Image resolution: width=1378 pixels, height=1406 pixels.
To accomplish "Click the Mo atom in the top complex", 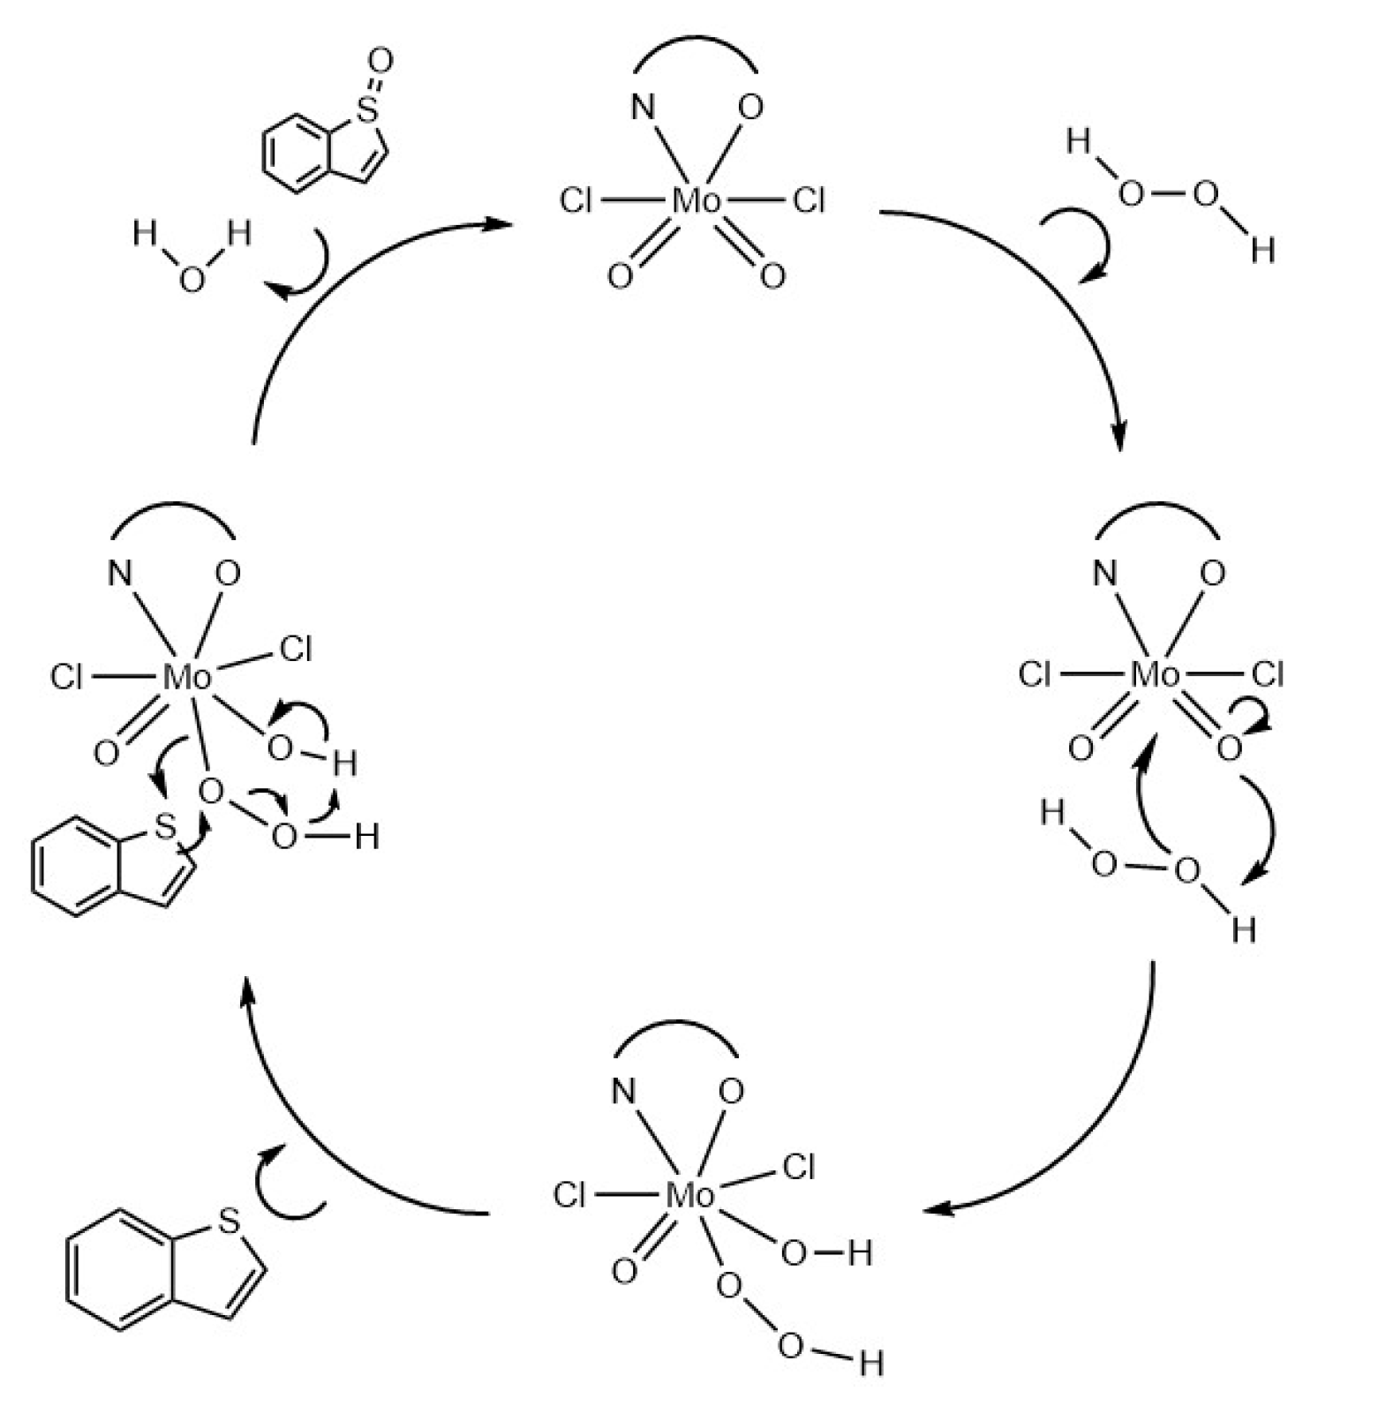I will click(696, 201).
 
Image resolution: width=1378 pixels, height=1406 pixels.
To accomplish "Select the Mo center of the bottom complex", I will click(689, 1196).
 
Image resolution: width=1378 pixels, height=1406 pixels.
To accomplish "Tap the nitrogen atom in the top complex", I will click(643, 108).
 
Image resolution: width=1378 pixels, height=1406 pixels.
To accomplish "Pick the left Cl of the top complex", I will click(576, 201).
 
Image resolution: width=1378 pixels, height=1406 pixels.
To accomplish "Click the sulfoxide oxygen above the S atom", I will click(380, 62).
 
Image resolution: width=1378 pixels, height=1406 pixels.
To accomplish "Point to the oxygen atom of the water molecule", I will click(191, 280).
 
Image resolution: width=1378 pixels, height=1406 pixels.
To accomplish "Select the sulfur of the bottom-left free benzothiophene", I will click(229, 1222).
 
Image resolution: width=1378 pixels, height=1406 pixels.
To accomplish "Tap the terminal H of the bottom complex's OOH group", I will click(870, 1364).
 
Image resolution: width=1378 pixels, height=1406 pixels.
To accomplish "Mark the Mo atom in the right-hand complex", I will click(1155, 675).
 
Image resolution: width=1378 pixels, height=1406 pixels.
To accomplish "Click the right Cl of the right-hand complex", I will click(1267, 675).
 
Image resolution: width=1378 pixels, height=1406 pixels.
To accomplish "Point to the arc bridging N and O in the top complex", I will click(696, 40).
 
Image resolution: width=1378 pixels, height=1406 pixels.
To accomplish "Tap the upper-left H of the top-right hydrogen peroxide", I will click(1078, 141).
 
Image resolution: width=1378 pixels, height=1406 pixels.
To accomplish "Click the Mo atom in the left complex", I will click(187, 678).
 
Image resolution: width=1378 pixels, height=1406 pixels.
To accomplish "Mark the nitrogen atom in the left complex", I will click(120, 575).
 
